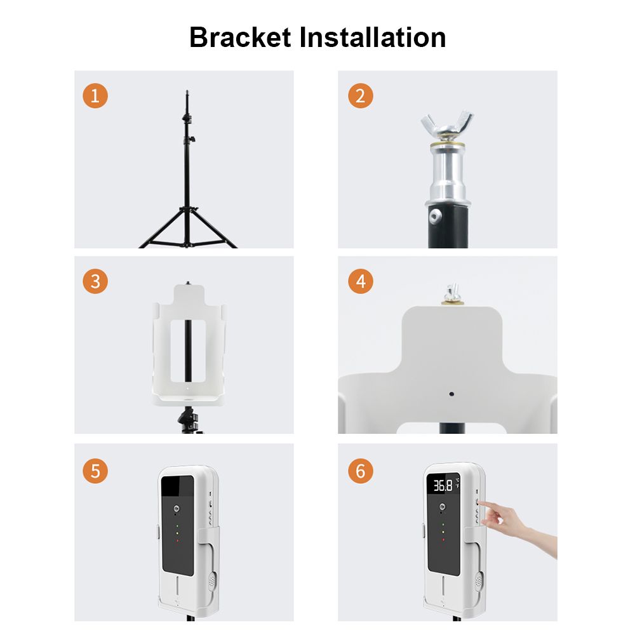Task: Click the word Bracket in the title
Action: tap(240, 37)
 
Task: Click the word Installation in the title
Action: tap(373, 37)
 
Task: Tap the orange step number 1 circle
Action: tap(95, 96)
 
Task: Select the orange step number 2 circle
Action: tap(361, 96)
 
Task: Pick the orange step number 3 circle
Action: tap(95, 281)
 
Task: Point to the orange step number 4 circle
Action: tap(361, 281)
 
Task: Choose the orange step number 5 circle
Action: tap(95, 471)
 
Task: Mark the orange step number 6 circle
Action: tap(361, 471)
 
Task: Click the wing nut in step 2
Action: tap(447, 125)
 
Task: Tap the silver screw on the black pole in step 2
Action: tap(436, 216)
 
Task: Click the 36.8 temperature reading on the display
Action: tap(443, 486)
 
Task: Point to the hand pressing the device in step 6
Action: tap(518, 526)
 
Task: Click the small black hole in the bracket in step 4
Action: tap(451, 394)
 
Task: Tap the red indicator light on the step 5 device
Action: tap(177, 540)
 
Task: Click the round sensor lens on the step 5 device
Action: tap(177, 509)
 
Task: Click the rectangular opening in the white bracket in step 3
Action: tap(188, 351)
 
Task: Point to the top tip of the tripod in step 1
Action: tap(187, 90)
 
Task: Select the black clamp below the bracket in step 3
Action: tap(187, 420)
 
